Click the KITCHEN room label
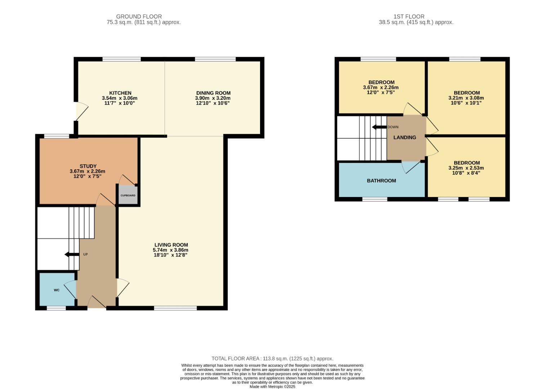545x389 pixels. (120, 93)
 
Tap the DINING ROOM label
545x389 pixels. (213, 93)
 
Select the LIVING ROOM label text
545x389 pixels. (171, 245)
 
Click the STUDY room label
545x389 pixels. (88, 166)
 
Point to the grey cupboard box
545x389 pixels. (128, 195)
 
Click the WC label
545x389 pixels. (57, 290)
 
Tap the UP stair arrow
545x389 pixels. (71, 255)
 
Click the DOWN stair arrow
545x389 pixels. (379, 127)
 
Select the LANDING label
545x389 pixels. (405, 137)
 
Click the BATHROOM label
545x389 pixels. (381, 180)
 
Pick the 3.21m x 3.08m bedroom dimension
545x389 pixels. (466, 98)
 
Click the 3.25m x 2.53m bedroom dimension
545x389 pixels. (466, 168)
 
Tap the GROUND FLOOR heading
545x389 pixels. (139, 17)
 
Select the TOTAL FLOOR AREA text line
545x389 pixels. (272, 358)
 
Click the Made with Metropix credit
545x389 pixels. (272, 386)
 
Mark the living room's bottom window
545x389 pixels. (175, 308)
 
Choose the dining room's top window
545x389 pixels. (215, 59)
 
